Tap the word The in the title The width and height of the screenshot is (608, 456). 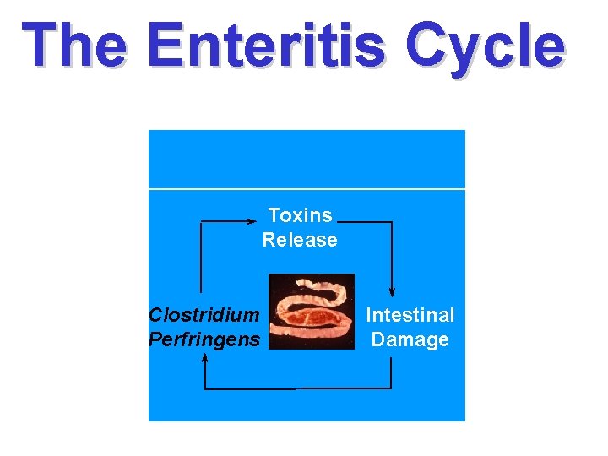click(x=76, y=46)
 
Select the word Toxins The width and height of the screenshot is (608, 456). click(x=300, y=215)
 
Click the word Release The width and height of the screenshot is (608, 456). click(x=300, y=240)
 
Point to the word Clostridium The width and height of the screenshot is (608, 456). click(x=204, y=315)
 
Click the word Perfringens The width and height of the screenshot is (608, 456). click(x=204, y=339)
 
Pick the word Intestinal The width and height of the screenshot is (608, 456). click(x=410, y=315)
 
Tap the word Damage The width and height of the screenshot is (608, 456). click(x=410, y=339)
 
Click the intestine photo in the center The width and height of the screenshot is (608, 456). click(x=311, y=311)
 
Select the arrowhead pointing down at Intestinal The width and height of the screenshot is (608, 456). click(x=392, y=292)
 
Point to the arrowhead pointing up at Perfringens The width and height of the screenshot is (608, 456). click(x=205, y=359)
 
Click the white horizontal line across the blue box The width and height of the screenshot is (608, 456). click(x=307, y=188)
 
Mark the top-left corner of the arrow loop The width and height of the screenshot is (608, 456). click(x=201, y=221)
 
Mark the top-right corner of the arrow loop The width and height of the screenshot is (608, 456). click(x=392, y=223)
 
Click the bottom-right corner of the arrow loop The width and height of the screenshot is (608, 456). click(x=391, y=388)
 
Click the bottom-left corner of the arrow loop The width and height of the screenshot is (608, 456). click(x=205, y=388)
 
